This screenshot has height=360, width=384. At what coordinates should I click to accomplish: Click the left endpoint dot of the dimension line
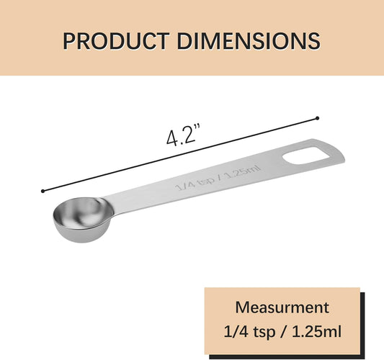43,191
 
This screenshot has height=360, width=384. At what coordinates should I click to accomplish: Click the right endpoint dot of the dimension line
317,117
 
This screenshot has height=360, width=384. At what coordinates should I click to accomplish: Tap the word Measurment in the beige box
282,308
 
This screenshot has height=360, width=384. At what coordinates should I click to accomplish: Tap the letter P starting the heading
70,40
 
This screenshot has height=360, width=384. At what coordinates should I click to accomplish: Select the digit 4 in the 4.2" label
172,137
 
